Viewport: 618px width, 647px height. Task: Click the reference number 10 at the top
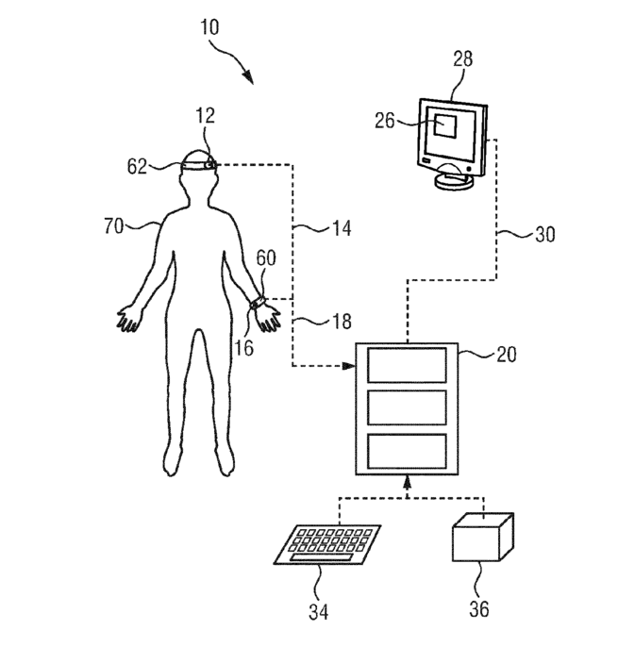209,27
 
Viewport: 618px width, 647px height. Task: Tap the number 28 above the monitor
462,58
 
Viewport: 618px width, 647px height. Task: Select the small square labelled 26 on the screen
445,125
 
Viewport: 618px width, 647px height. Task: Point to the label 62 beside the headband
137,166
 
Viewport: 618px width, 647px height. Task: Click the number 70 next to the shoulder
113,226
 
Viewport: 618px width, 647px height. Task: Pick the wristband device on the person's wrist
258,303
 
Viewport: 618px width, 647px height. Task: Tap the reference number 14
342,228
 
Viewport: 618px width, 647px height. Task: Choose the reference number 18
342,322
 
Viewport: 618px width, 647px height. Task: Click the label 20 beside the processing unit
506,355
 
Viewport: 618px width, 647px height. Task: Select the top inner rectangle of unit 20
407,365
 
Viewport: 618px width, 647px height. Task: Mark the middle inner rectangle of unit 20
407,407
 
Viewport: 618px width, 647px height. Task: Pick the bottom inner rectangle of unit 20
407,451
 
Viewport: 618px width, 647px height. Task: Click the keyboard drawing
327,544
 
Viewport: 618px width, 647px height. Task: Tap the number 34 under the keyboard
319,611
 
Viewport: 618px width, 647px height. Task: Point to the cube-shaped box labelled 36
483,538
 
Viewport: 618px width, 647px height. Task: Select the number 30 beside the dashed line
545,234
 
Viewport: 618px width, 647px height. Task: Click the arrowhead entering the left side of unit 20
349,366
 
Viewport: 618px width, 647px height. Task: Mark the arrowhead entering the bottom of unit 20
407,481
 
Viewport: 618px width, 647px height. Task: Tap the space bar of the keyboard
322,557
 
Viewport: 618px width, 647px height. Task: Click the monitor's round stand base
454,181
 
